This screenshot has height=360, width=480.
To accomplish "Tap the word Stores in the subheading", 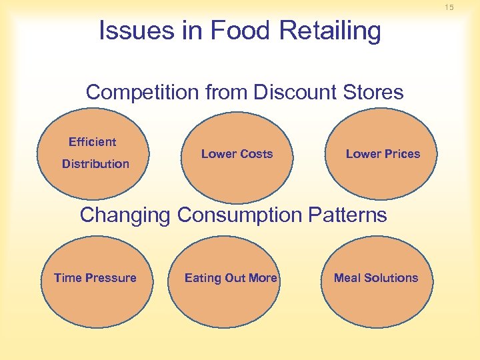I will pyautogui.click(x=373, y=92).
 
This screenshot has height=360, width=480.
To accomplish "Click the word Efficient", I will pyautogui.click(x=92, y=142).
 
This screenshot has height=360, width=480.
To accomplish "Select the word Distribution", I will pyautogui.click(x=95, y=164).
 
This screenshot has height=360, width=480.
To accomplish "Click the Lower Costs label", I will pyautogui.click(x=237, y=154).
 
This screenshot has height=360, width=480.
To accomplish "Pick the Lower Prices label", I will pyautogui.click(x=383, y=154).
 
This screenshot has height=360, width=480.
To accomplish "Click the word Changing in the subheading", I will pyautogui.click(x=125, y=215).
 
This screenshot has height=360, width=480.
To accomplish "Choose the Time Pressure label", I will pyautogui.click(x=95, y=278).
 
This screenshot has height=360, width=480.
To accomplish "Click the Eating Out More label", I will pyautogui.click(x=231, y=278).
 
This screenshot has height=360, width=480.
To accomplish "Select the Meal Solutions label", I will pyautogui.click(x=376, y=278).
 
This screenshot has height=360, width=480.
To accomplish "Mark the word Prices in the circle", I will pyautogui.click(x=401, y=154).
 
